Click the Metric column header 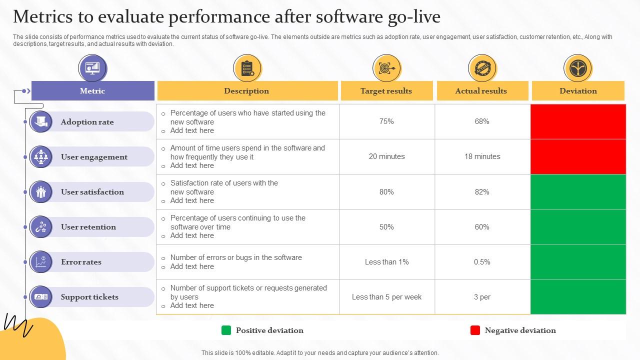[92, 91]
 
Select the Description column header [246, 91]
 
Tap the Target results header [386, 91]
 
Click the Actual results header [481, 91]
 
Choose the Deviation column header [578, 91]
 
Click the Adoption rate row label [87, 122]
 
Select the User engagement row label [94, 157]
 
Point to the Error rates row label [81, 262]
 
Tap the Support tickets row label [89, 297]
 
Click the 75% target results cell [386, 121]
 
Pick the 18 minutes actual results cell [482, 156]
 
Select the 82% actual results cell [482, 192]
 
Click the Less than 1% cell [386, 262]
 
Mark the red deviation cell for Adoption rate [578, 121]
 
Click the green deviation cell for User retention [578, 227]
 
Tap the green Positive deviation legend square [226, 330]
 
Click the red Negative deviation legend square [475, 330]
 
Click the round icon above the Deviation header [578, 68]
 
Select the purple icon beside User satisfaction [40, 192]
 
